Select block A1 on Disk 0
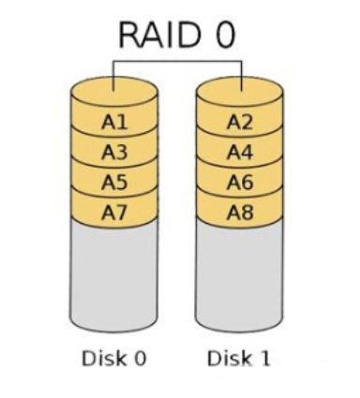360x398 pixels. (x=112, y=121)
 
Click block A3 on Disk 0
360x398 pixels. (x=112, y=151)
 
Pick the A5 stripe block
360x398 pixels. (x=112, y=182)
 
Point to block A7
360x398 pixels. (x=112, y=212)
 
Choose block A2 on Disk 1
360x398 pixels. (x=240, y=121)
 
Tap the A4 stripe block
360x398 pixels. (x=240, y=151)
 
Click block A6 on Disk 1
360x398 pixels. (x=240, y=182)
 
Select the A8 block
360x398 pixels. (x=240, y=212)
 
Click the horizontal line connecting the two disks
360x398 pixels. (x=177, y=63)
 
